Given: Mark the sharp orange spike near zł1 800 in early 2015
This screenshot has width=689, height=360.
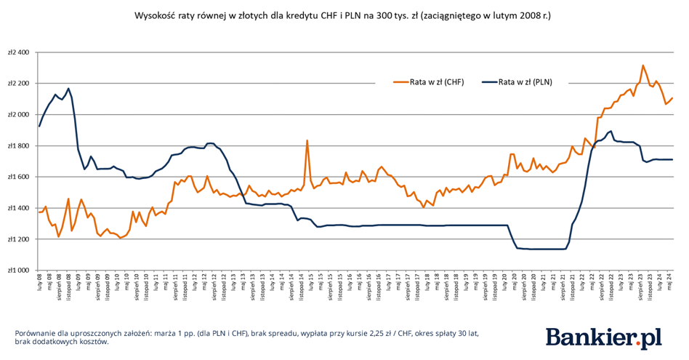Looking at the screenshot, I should click(307, 140).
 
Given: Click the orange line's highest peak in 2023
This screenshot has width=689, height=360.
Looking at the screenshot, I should click(642, 65).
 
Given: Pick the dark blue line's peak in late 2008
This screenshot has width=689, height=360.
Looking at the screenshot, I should click(68, 89).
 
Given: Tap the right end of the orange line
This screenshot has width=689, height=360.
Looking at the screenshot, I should click(673, 98).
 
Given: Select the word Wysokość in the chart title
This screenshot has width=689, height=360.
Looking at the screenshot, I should click(156, 15).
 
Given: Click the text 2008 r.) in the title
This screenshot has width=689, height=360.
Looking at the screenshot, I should click(537, 15).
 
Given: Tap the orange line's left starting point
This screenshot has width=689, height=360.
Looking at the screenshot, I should click(39, 212).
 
